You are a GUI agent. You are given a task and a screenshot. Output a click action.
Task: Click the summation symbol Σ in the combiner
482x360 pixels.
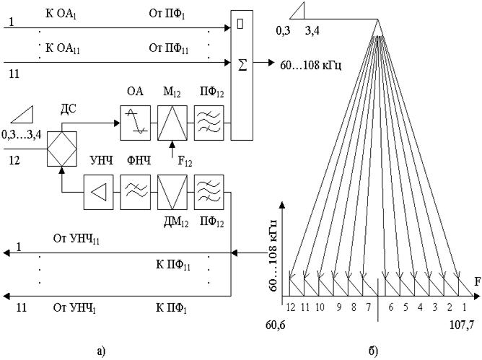tap(242, 65)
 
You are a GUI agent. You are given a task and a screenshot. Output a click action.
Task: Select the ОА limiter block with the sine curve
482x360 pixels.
tap(135, 123)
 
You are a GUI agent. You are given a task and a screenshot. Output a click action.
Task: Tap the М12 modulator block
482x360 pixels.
tap(172, 123)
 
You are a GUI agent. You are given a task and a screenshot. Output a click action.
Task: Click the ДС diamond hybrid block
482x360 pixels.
tap(62, 149)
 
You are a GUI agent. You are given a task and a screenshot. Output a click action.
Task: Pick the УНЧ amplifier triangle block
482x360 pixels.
tap(99, 193)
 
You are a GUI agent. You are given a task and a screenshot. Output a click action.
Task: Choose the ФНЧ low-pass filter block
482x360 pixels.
tap(135, 193)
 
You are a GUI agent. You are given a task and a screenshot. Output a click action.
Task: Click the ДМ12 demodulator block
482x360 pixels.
tap(172, 193)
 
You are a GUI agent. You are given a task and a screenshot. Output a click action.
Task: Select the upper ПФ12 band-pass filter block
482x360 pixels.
tap(209, 123)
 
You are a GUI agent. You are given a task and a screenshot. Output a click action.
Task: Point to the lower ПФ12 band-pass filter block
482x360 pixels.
tap(209, 193)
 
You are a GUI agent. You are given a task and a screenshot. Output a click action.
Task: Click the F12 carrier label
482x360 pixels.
tap(185, 161)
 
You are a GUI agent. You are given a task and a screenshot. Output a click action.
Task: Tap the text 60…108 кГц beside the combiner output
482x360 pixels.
tap(310, 66)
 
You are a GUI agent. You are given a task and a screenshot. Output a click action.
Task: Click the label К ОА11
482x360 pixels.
tap(63, 48)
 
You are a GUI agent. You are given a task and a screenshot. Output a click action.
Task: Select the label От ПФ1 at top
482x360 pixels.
tap(167, 14)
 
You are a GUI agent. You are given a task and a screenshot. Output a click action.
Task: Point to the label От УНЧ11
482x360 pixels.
tap(76, 240)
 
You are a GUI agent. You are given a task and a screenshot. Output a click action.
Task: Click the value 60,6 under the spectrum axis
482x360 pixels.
tap(276, 325)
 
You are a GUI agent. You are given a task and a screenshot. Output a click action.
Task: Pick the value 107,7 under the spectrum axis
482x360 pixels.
tap(462, 325)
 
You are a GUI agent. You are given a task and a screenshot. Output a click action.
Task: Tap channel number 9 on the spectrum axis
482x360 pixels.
tap(338, 307)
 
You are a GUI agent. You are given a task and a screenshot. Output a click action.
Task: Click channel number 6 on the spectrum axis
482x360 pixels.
tap(390, 307)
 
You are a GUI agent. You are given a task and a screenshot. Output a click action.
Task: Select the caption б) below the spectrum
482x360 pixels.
tap(373, 351)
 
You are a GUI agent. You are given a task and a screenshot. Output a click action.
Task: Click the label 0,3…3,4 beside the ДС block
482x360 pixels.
tap(21, 135)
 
